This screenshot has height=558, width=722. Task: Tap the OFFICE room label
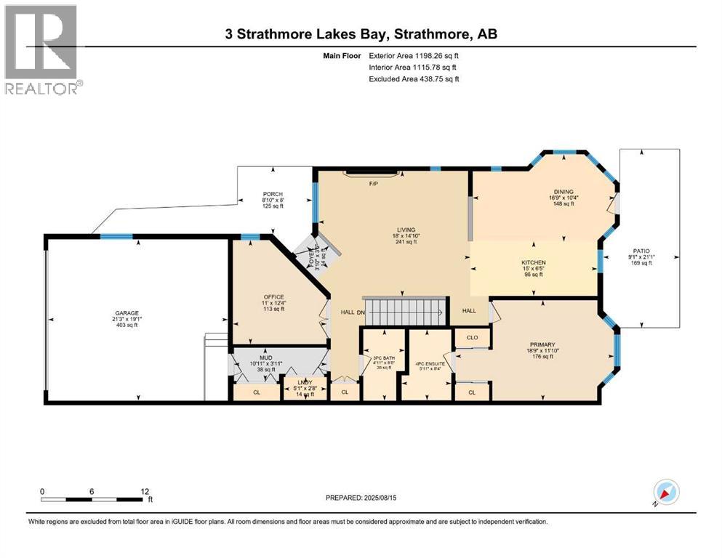tap(273, 296)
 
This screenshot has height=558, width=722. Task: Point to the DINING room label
tap(563, 191)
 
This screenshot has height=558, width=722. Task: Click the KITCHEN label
tap(533, 262)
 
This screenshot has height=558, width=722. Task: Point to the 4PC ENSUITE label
tap(430, 363)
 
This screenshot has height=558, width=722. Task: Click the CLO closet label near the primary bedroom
tap(471, 337)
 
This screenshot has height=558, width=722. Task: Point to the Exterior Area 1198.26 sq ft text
tap(414, 55)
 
